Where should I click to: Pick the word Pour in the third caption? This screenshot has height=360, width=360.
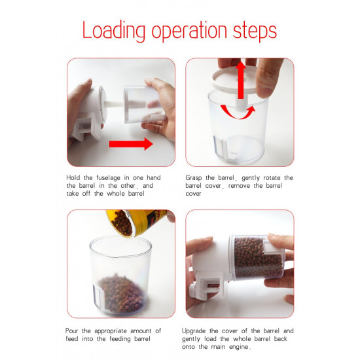(74, 331)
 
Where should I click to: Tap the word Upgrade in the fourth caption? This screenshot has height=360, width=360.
(200, 331)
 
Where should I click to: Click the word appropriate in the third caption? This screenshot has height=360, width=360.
(120, 331)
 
